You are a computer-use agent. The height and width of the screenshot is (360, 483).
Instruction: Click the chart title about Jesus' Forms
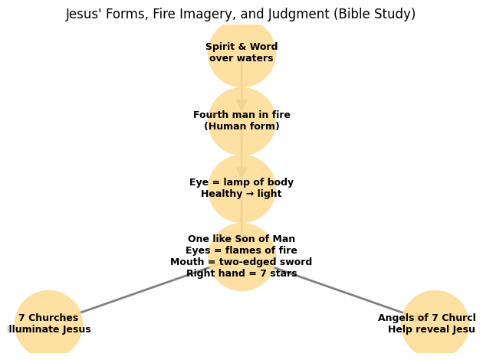tap(241, 14)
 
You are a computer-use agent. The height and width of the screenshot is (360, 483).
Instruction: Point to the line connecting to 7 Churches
tap(138, 292)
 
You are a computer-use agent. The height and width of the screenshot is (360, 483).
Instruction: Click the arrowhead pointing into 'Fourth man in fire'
tap(242, 104)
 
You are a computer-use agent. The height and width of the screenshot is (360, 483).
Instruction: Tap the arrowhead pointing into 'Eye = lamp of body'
tap(242, 172)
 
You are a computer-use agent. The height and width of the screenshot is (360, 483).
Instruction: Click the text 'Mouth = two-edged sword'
tap(242, 262)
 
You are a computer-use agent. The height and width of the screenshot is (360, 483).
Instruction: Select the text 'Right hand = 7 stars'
tap(242, 273)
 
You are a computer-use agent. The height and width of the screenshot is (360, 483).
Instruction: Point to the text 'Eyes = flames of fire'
tap(242, 250)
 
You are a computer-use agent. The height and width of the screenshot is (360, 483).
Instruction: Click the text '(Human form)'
tap(242, 126)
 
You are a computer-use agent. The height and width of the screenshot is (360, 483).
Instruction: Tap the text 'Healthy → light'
tap(242, 194)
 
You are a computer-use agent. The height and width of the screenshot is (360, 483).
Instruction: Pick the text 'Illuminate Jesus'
tap(48, 329)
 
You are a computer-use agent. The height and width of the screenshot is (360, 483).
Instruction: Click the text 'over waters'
tap(242, 58)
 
